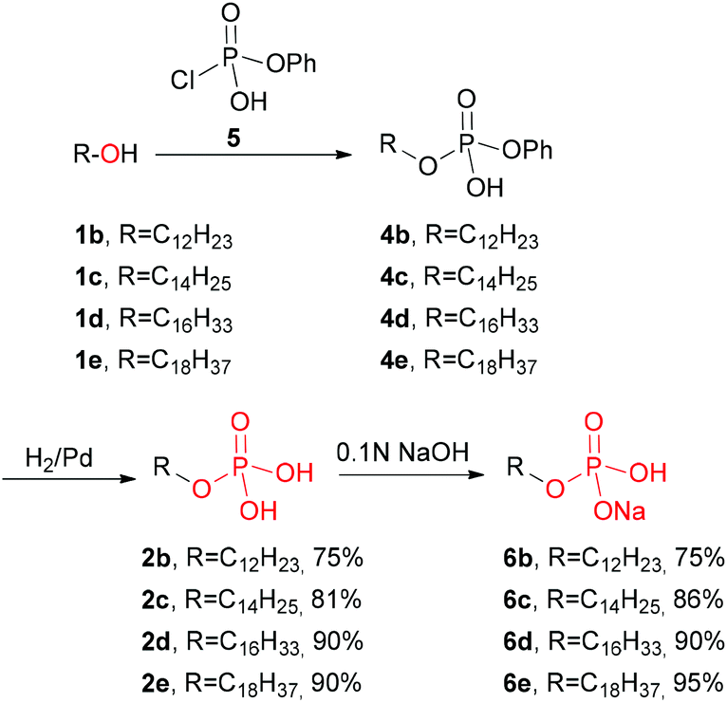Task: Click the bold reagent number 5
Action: click(233, 139)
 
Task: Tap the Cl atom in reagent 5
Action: click(182, 80)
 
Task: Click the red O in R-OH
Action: click(110, 154)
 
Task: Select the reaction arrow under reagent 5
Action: click(254, 155)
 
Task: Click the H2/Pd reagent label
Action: click(60, 459)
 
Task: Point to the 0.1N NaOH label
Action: click(402, 452)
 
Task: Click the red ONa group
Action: click(620, 511)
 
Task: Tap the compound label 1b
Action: click(89, 235)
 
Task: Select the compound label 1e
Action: click(88, 361)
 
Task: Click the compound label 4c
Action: click(394, 277)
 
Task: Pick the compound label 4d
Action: click(395, 320)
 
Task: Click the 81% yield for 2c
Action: click(336, 599)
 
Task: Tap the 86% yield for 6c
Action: click(699, 599)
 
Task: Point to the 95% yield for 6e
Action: click(699, 683)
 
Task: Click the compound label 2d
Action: click(156, 641)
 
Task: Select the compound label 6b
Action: click(517, 558)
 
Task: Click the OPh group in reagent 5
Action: click(291, 63)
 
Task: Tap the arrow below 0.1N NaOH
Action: click(412, 474)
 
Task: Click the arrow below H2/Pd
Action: click(68, 478)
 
